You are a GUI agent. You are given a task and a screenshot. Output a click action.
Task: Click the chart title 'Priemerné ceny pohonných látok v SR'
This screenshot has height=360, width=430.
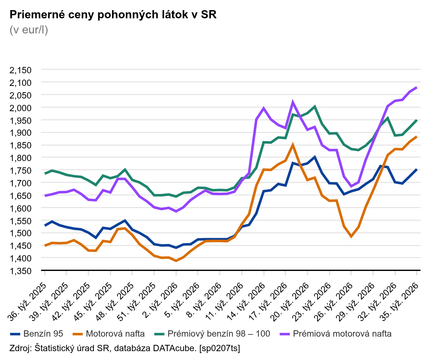coord(113,15)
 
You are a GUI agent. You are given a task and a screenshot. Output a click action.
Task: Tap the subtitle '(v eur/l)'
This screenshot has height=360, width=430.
coord(29,30)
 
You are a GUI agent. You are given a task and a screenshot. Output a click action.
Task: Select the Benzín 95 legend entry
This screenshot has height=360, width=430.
coord(37,334)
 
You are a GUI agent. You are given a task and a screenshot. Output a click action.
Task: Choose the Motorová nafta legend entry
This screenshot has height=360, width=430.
coord(109,334)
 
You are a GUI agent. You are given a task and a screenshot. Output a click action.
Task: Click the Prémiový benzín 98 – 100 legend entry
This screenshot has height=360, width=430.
coord(212,334)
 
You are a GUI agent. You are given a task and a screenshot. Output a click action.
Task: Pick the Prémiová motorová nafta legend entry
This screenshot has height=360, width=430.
coord(336,334)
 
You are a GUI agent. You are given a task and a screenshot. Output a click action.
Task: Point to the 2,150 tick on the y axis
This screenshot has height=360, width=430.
coord(21,70)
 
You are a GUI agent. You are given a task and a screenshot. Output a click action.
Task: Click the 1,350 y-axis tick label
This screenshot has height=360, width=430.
coord(21,271)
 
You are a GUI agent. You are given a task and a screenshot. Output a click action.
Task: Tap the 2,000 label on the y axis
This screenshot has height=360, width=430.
coord(21,108)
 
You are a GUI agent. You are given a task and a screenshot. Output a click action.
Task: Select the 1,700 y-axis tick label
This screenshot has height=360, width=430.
coord(21,183)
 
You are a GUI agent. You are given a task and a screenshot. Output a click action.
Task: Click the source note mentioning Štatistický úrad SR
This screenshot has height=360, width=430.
coord(125,348)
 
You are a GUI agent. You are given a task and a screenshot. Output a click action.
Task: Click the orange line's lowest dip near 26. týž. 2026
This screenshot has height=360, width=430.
coord(351,237)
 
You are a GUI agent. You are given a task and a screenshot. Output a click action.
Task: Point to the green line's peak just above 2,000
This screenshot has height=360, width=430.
coord(314,106)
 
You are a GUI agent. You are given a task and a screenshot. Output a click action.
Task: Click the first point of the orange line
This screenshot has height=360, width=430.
coord(45,245)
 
